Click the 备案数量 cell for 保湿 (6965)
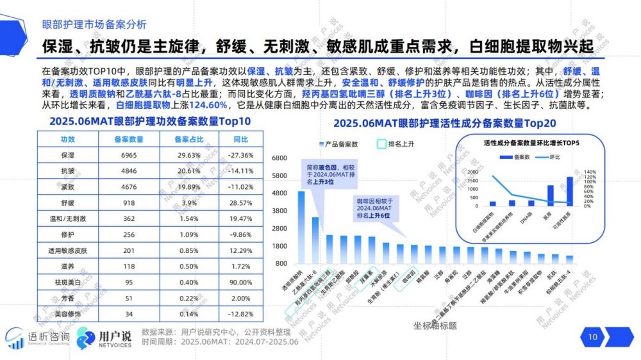(128, 155)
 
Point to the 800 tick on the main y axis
(281, 263)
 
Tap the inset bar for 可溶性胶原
(570, 191)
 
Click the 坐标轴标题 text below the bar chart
(435, 325)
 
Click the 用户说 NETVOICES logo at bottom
(104, 339)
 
